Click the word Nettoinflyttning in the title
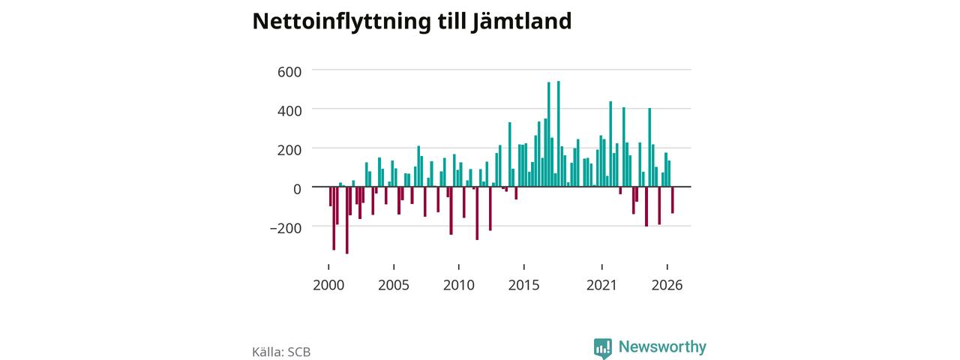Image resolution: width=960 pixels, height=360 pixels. [341, 22]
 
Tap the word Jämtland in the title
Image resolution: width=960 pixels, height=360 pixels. [521, 22]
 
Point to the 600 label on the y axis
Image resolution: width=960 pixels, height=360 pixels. [289, 71]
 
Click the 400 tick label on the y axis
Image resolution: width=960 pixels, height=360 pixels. [289, 111]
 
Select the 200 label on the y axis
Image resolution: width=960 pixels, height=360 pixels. [289, 150]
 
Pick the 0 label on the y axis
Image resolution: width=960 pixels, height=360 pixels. [297, 189]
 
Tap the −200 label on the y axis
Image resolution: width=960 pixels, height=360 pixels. [286, 228]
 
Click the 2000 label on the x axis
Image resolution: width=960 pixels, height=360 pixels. [328, 285]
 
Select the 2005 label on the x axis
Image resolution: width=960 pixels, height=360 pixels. [394, 285]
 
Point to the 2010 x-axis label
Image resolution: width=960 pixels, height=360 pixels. [458, 285]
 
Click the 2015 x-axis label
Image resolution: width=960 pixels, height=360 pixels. [523, 285]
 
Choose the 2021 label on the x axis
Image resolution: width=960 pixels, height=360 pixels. [601, 285]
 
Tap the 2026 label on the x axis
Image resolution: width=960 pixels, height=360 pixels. [667, 285]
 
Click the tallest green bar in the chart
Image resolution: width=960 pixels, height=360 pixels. [559, 133]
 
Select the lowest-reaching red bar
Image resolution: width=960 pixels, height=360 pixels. [346, 220]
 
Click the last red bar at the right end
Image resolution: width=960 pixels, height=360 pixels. [673, 200]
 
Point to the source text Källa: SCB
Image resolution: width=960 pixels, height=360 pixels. [281, 352]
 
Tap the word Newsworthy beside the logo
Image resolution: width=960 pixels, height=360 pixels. [662, 346]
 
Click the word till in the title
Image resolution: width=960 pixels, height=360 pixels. [451, 22]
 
